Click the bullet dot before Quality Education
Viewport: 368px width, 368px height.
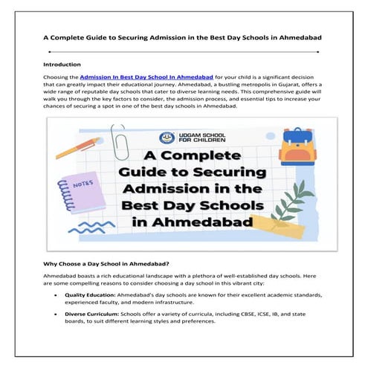tap(57, 295)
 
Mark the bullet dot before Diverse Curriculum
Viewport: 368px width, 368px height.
tap(57, 315)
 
